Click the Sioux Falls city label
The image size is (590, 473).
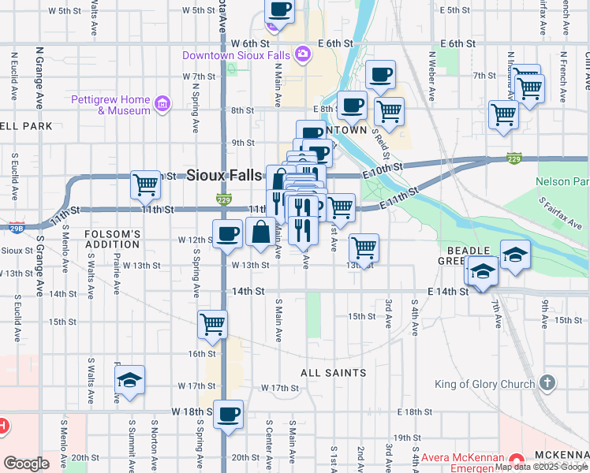223,175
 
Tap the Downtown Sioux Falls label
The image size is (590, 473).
235,55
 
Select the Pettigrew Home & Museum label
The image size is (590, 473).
110,105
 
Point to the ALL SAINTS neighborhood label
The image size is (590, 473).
334,372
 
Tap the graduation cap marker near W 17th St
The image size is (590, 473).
129,379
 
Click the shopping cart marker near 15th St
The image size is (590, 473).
213,323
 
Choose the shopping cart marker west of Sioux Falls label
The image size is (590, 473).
146,185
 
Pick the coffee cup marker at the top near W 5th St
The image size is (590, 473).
278,11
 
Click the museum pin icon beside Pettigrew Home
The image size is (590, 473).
162,103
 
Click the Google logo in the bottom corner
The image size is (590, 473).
27,464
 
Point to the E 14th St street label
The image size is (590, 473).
448,291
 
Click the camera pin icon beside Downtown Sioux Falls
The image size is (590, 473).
302,54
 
